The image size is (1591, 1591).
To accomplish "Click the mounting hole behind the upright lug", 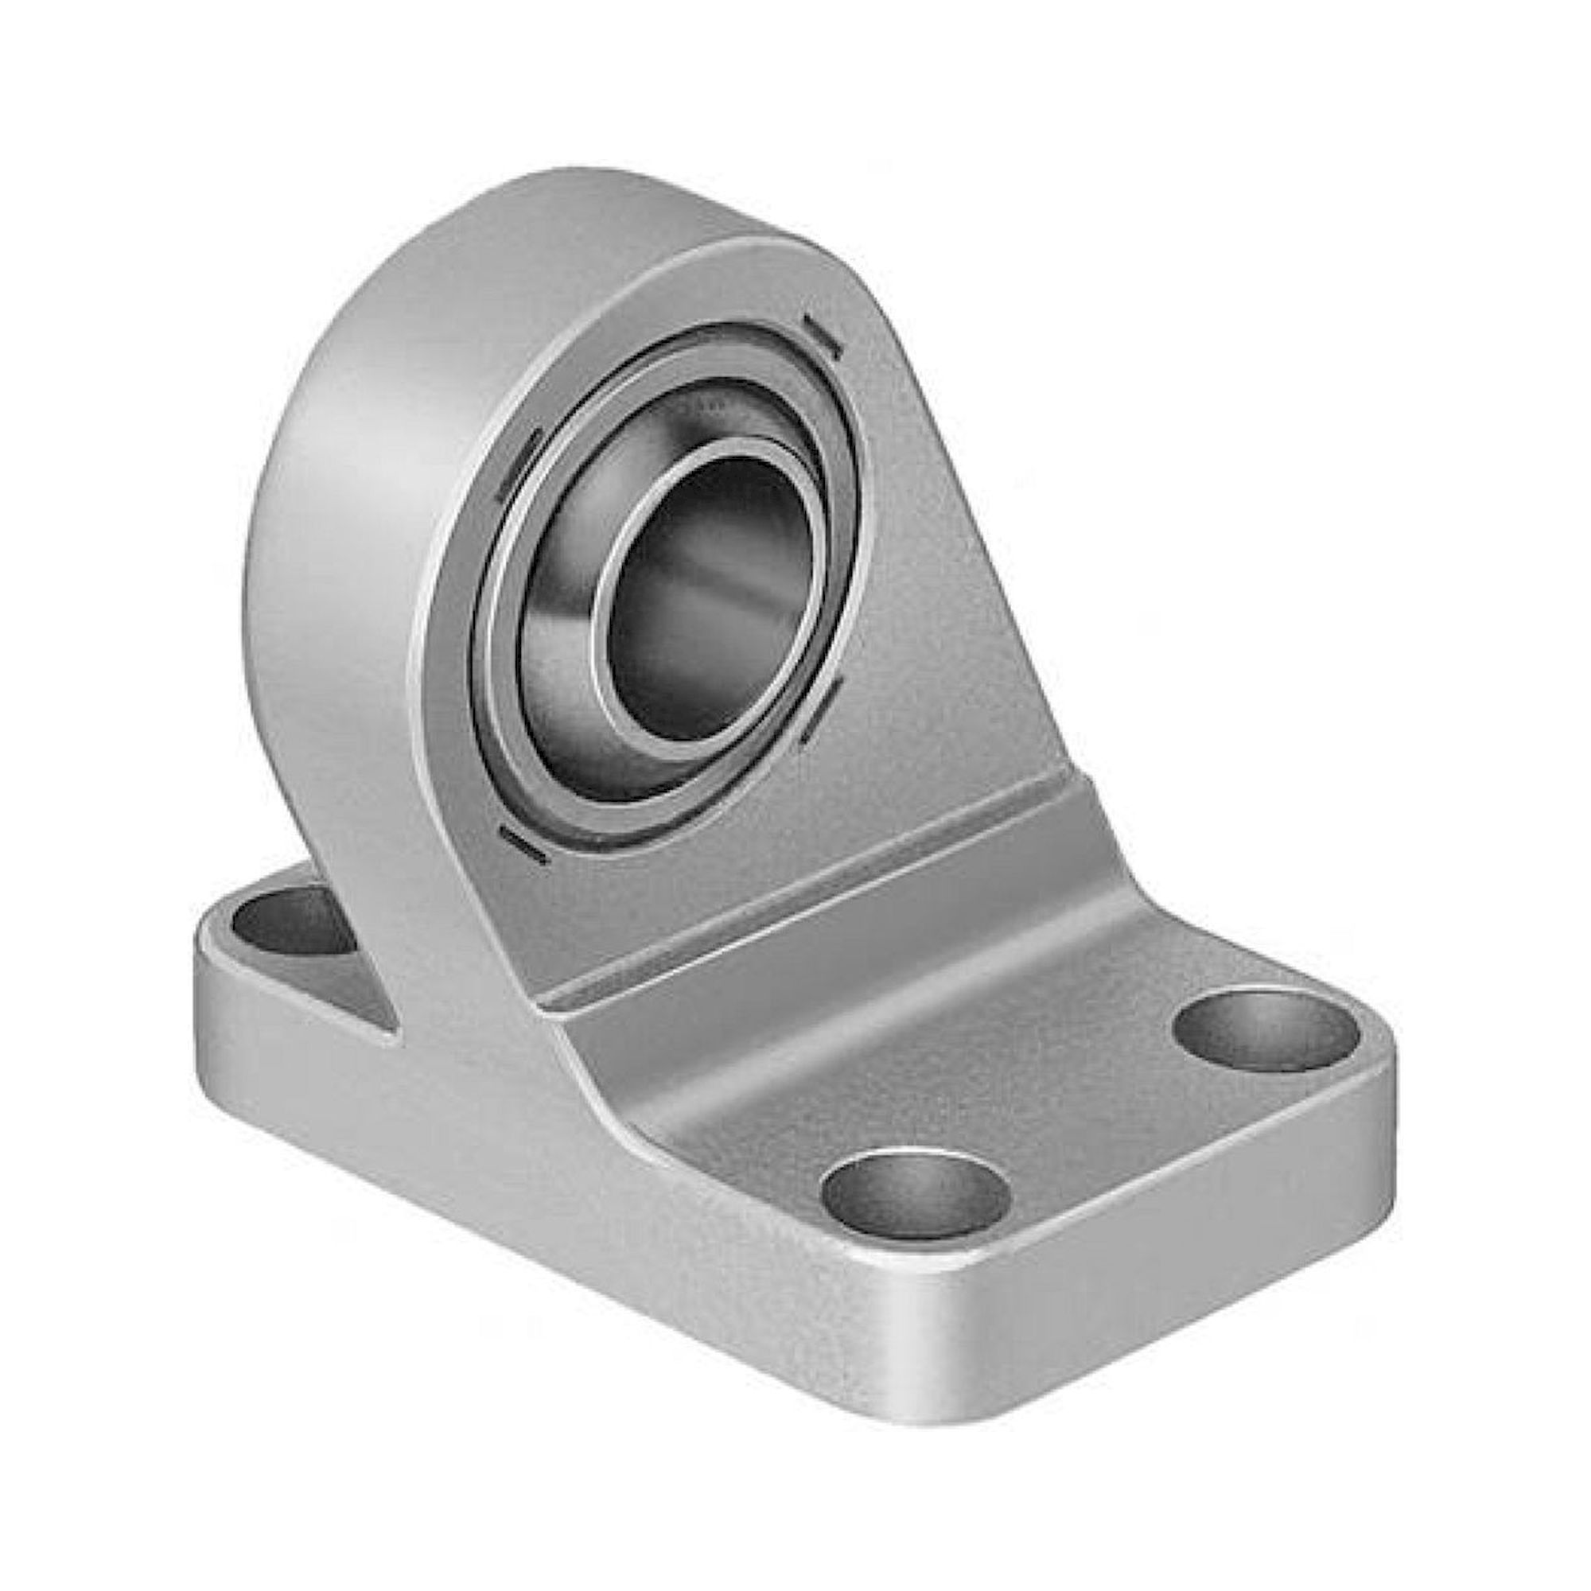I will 280,922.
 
